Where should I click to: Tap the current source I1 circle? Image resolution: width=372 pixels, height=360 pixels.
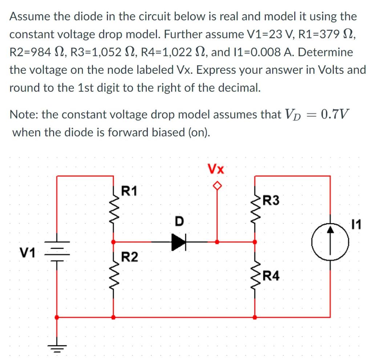point(330,242)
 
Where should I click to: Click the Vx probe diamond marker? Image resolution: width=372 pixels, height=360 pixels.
point(217,186)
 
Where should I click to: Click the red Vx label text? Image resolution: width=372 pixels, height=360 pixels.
point(216,169)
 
